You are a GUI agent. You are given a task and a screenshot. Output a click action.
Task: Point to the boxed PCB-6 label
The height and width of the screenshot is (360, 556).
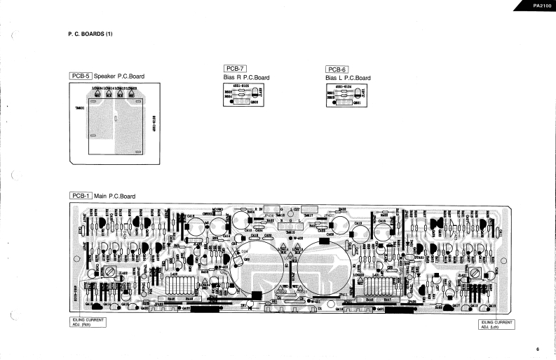tap(337, 69)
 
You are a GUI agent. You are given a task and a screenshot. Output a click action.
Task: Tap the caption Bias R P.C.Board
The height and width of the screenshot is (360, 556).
tap(246, 77)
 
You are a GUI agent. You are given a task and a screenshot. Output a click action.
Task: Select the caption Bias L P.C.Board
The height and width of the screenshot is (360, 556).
tap(348, 78)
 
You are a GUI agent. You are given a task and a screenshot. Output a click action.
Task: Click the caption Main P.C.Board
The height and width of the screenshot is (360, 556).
tap(115, 196)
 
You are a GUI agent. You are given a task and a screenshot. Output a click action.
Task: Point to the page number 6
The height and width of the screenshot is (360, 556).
tap(538, 349)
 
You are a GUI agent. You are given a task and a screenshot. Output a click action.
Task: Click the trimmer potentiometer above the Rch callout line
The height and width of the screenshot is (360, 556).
tap(109, 272)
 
